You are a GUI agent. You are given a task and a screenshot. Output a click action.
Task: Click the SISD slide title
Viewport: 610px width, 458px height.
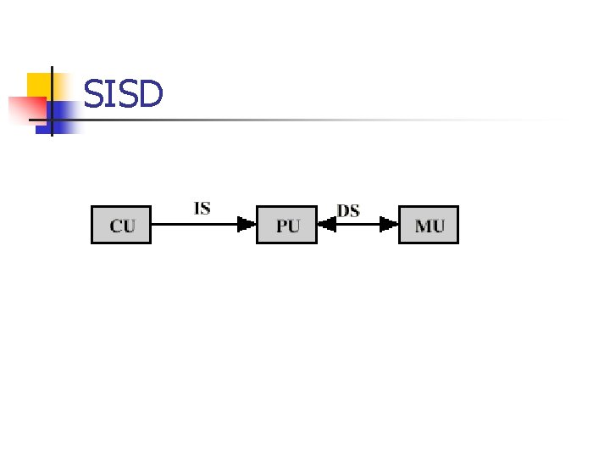tap(123, 94)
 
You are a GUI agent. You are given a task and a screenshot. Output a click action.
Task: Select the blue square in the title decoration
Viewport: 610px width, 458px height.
tap(65, 112)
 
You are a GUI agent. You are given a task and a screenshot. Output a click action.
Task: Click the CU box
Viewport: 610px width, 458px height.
tap(120, 225)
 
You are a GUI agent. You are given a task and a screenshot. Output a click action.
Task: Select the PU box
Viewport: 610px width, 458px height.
tap(286, 225)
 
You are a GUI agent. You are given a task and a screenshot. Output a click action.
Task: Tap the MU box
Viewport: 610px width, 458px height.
tap(429, 225)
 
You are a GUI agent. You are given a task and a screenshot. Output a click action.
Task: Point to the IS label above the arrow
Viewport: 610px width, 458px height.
tap(202, 208)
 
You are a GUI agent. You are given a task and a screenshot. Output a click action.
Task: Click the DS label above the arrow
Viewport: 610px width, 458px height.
tap(348, 209)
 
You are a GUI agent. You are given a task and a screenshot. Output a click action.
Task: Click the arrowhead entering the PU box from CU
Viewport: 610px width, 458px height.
tap(247, 225)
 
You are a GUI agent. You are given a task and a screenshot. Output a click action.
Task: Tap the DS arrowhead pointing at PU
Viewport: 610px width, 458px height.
tap(327, 225)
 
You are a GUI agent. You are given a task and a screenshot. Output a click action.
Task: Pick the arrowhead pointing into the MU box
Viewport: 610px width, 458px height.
tap(389, 225)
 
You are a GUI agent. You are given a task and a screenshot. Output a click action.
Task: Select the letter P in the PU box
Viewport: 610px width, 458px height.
tap(281, 226)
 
